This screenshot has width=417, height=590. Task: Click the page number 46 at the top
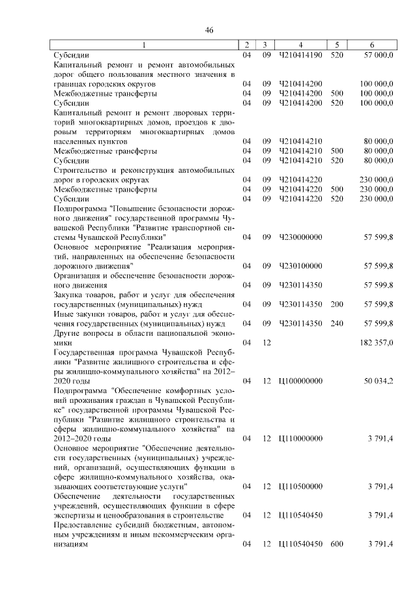coord(209,31)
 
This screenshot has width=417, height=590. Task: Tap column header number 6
coord(371,45)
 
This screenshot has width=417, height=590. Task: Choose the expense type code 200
coord(336,304)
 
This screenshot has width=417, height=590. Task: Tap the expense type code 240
coord(336,323)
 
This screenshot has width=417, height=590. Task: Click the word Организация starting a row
coord(77,275)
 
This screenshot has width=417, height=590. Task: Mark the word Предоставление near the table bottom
coord(83,525)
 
